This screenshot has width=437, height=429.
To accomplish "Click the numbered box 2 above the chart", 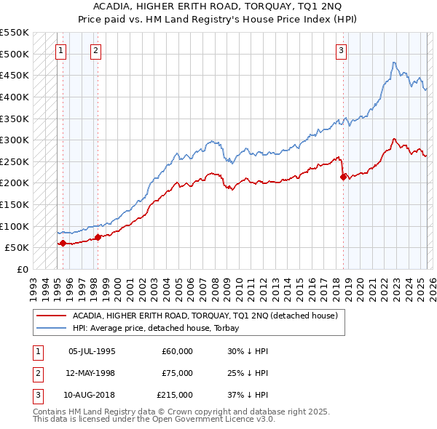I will tap(96, 50).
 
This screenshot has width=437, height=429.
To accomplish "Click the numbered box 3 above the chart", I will tap(341, 50).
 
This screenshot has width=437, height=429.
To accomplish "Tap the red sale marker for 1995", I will tap(63, 244).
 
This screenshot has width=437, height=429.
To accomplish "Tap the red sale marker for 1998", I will tap(98, 237).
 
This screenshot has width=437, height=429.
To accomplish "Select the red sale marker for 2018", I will tap(343, 177).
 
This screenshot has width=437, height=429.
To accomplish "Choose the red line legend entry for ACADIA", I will tap(204, 316).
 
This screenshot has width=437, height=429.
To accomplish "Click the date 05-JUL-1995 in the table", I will tap(92, 351).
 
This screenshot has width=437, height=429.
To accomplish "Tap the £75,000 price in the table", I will tap(177, 373).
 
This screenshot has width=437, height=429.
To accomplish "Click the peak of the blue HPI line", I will tap(393, 63).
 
